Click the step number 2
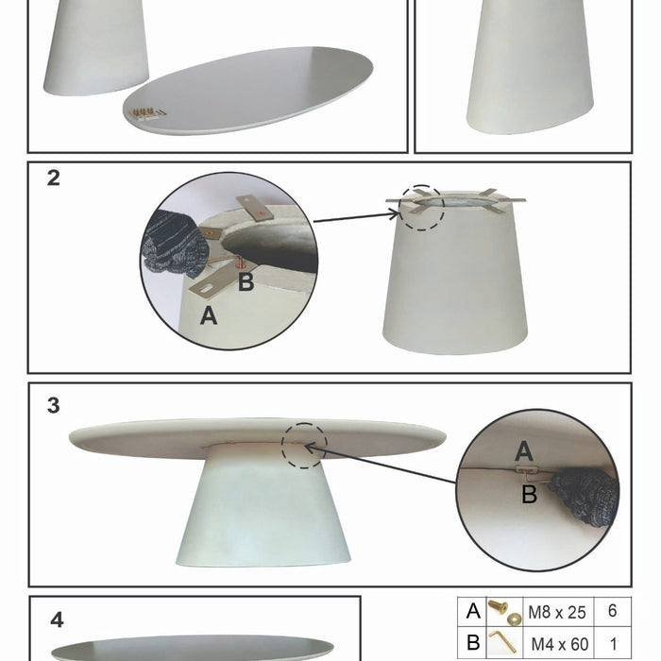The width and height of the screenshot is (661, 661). pos(54,178)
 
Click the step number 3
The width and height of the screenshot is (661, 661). pos(54,405)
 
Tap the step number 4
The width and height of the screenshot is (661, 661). pos(57,620)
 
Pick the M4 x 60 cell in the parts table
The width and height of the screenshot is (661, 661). pos(559,644)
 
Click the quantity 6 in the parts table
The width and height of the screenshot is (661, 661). pos(613,611)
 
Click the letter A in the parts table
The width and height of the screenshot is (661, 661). pos(473,611)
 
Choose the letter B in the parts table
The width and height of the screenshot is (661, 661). pos(473,643)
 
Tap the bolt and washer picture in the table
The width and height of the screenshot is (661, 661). pos(504,612)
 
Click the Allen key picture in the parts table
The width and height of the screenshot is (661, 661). pos(503,641)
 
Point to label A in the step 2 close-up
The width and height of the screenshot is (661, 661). pos(209,315)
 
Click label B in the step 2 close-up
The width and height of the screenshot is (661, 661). pos(246,281)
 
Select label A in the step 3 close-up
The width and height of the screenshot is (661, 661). pos(524,451)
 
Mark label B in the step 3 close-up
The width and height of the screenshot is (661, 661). pos(530,494)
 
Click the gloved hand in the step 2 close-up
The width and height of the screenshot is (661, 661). pos(175,245)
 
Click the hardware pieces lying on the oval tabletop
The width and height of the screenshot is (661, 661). pos(146,113)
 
